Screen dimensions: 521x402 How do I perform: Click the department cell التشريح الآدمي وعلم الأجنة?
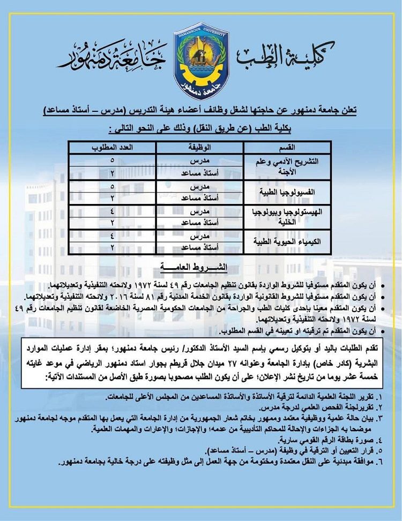click(288, 167)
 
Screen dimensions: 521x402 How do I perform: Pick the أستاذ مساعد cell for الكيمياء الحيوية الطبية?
click(199, 248)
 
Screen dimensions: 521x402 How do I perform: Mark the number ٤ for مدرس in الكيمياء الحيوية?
click(113, 236)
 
